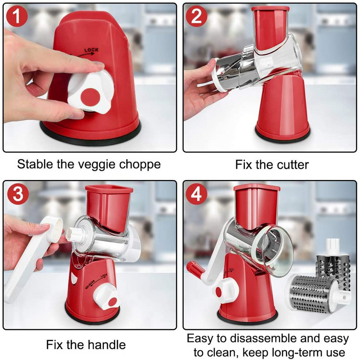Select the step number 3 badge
tap(18, 193)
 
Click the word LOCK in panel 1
tap(91, 50)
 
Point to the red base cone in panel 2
tap(283, 108)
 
